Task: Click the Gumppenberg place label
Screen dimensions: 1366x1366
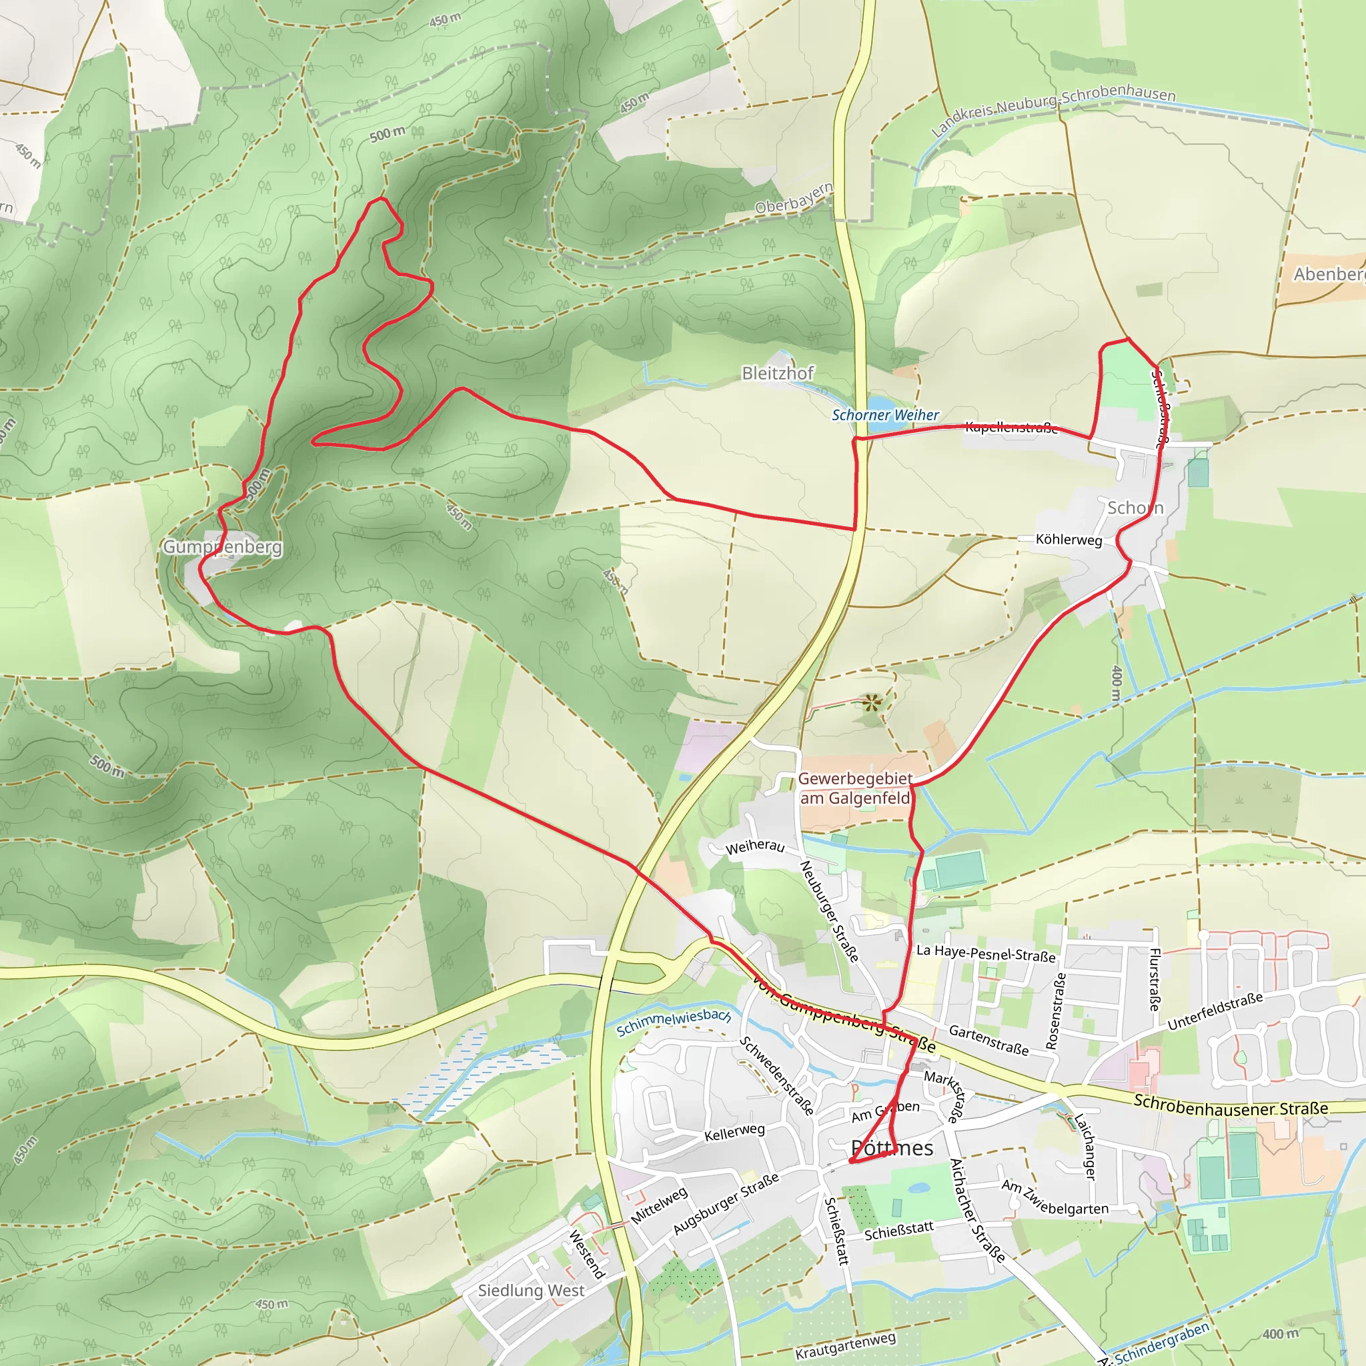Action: pos(222,546)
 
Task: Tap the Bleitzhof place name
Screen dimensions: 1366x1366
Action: pos(777,373)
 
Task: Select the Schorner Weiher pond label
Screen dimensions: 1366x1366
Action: pos(885,415)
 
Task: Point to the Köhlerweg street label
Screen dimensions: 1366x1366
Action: pos(1069,540)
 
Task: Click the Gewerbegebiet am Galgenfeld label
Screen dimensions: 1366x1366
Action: pos(855,788)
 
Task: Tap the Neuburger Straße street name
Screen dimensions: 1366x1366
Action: pos(828,910)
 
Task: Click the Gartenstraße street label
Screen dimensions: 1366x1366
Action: pos(988,1040)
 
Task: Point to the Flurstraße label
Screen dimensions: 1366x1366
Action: pos(1155,979)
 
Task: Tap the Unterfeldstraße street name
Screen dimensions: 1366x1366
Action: pos(1215,1012)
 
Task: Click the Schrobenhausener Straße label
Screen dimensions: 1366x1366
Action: pos(1230,1105)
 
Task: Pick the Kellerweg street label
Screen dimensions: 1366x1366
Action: pos(734,1132)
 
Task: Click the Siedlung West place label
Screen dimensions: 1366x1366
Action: pos(531,1291)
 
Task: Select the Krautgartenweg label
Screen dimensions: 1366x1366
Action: pos(846,1346)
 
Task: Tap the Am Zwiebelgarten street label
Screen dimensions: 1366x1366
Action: pos(1055,1198)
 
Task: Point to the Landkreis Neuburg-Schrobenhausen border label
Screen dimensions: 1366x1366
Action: pos(1053,109)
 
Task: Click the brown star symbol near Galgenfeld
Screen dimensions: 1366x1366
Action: pos(872,704)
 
